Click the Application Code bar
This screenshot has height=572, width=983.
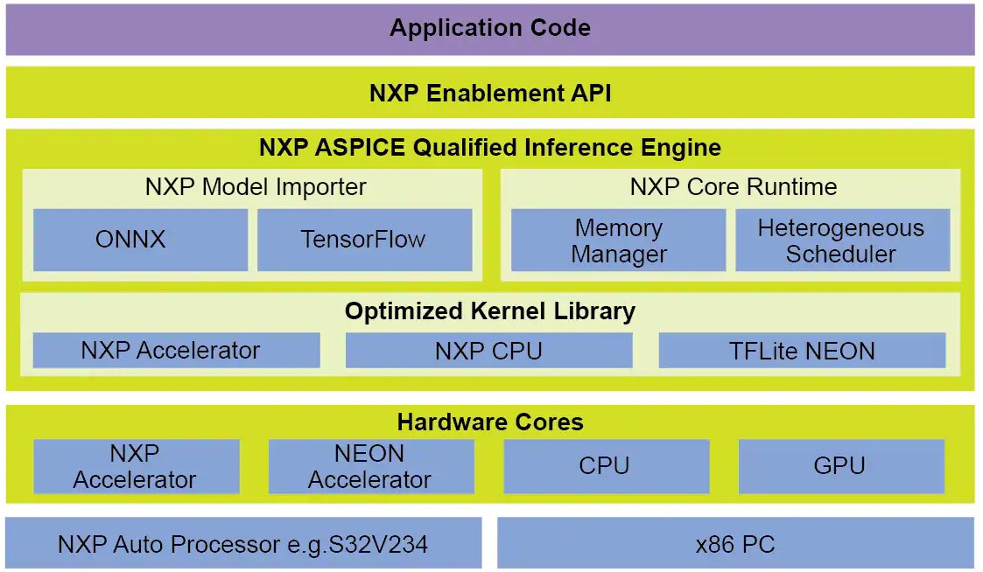point(490,29)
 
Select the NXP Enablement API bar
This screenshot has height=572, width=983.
point(490,93)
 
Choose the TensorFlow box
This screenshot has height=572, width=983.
point(364,240)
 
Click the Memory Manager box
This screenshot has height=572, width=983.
point(618,241)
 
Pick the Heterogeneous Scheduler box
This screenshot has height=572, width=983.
point(841,241)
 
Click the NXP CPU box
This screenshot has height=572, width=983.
point(488,351)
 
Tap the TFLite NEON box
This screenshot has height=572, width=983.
point(802,351)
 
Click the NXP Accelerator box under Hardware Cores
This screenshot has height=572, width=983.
point(136,467)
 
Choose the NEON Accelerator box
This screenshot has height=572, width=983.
point(370,467)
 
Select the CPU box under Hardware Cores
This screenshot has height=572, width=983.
point(606,467)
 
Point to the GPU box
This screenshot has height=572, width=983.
point(840,467)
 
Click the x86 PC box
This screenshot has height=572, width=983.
point(735,544)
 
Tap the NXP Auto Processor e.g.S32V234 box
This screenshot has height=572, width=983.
point(243,544)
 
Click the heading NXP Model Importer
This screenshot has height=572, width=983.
point(256,187)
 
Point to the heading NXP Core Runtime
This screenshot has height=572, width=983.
point(734,187)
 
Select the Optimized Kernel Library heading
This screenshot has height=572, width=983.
point(490,311)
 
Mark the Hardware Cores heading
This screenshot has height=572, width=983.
point(490,422)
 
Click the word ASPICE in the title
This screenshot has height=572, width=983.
point(360,147)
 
